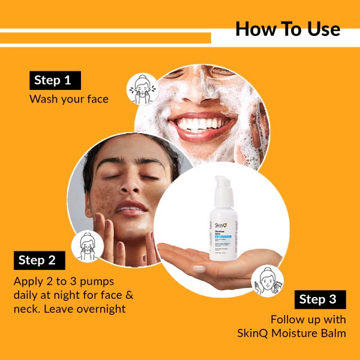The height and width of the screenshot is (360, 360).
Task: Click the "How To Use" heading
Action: [287, 29]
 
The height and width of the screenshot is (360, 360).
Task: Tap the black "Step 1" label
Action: [55, 80]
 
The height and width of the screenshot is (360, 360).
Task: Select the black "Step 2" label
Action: [39, 260]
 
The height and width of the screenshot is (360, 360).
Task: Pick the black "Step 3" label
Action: [320, 299]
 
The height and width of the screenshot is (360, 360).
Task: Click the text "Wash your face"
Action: [69, 99]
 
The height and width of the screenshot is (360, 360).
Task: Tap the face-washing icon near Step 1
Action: [142, 89]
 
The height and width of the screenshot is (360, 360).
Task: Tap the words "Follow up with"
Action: [308, 319]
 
